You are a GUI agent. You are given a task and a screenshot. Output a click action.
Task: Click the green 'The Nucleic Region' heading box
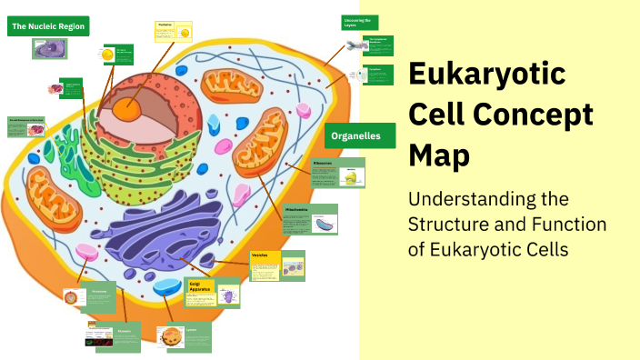48,26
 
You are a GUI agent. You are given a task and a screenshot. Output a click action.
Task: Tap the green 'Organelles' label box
360,135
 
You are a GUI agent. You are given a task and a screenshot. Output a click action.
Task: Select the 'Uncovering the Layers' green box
359,22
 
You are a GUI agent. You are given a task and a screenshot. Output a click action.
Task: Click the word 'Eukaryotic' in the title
486,75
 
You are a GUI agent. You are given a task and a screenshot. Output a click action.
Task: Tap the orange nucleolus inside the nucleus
126,109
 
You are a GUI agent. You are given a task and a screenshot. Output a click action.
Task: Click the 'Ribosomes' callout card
337,172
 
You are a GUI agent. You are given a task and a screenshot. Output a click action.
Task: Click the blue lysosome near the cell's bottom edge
167,288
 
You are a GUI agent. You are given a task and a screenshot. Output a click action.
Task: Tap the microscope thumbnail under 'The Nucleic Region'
49,48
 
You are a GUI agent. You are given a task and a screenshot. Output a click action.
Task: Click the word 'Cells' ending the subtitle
545,248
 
